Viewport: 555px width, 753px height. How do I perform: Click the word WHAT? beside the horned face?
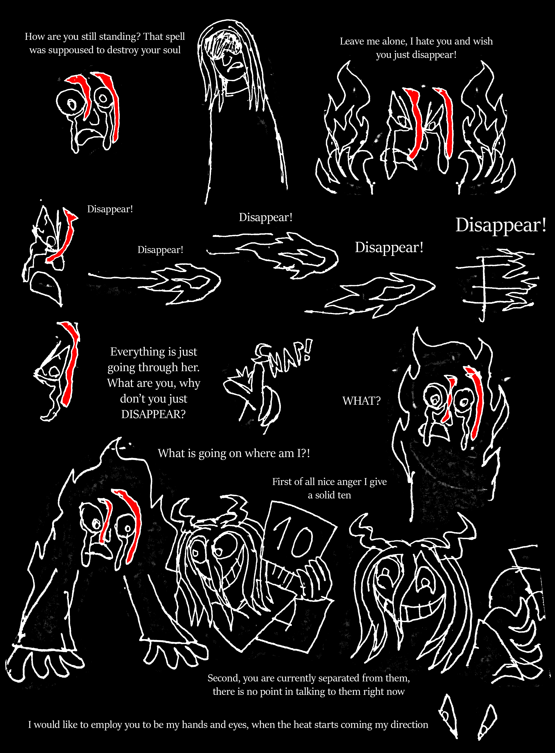361,401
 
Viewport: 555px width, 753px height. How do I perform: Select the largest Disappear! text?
501,225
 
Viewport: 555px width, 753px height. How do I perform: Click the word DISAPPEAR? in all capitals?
153,414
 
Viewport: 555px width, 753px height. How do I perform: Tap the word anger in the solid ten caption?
348,482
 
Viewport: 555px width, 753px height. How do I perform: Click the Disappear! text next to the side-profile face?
110,209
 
